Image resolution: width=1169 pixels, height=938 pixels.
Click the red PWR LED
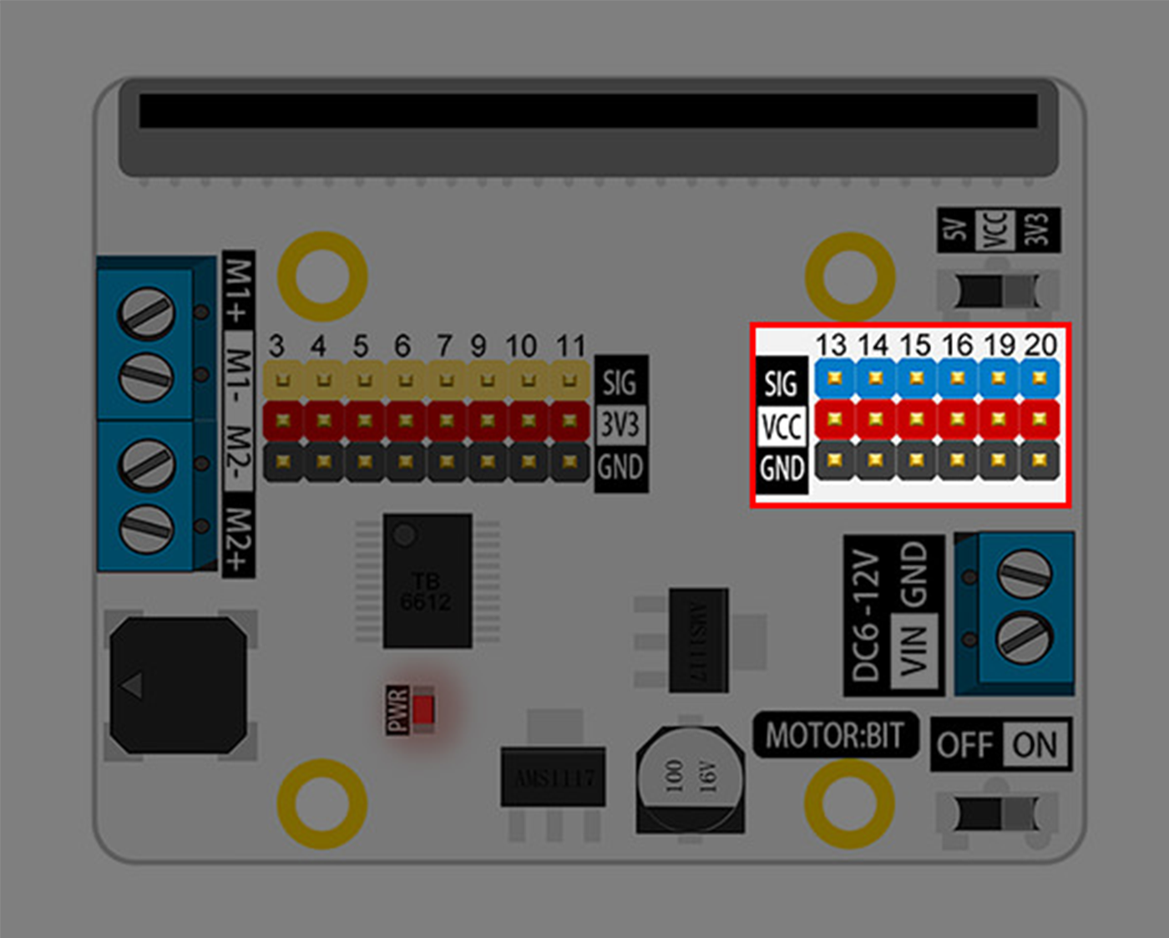tap(423, 709)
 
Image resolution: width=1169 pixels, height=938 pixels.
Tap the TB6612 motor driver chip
tap(427, 581)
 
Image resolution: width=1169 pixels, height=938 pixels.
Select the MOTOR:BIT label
tap(834, 735)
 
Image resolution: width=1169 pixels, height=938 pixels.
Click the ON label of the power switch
tap(1035, 744)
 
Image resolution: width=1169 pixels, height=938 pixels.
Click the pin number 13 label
tap(831, 344)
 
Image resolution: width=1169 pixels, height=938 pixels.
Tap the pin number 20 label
tap(1040, 344)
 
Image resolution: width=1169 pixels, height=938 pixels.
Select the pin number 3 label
tap(276, 346)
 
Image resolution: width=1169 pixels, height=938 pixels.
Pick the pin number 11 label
tap(570, 346)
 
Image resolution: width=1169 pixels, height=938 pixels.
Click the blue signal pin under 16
tap(958, 378)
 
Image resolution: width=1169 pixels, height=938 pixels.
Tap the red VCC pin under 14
tap(875, 418)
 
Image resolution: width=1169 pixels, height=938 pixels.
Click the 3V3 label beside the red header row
tap(620, 424)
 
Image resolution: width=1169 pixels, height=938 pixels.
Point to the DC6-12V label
tap(866, 616)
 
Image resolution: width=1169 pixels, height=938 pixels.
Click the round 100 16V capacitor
tap(690, 776)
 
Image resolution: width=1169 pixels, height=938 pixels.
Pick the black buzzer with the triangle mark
tap(178, 685)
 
